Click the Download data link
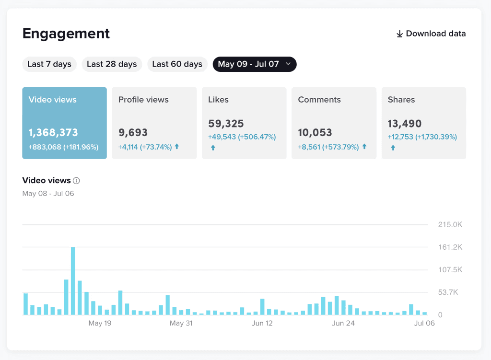pyautogui.click(x=431, y=34)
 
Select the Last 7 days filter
pyautogui.click(x=49, y=64)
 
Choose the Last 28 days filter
pyautogui.click(x=112, y=64)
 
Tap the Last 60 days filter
pyautogui.click(x=177, y=64)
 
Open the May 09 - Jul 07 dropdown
pyautogui.click(x=255, y=64)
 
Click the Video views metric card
pyautogui.click(x=65, y=123)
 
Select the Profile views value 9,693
pyautogui.click(x=133, y=132)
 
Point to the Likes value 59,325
pyautogui.click(x=226, y=124)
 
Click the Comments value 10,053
pyautogui.click(x=315, y=132)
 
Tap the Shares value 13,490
pyautogui.click(x=405, y=124)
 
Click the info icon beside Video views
pyautogui.click(x=76, y=181)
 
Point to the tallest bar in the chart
pyautogui.click(x=73, y=281)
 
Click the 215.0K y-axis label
pyautogui.click(x=450, y=224)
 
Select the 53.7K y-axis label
pyautogui.click(x=448, y=292)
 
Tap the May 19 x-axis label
pyautogui.click(x=100, y=323)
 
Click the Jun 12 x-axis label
pyautogui.click(x=262, y=323)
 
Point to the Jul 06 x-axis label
pyautogui.click(x=424, y=323)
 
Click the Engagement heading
pyautogui.click(x=66, y=34)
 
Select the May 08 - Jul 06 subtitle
pyautogui.click(x=48, y=194)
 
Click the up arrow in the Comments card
pyautogui.click(x=364, y=146)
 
